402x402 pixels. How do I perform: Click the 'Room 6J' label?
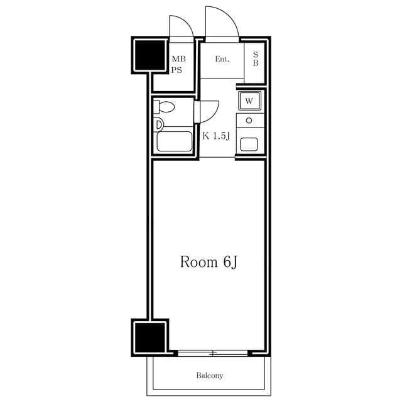coord(209,263)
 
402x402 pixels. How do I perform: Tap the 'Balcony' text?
coord(209,376)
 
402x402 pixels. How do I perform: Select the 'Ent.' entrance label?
coord(222,59)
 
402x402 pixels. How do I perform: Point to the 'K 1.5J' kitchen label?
coord(216,136)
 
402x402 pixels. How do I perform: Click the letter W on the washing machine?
coord(249,101)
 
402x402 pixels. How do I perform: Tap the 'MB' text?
coord(178,59)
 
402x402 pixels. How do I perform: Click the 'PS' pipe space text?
coord(177,70)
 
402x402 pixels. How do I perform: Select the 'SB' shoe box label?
coord(256,58)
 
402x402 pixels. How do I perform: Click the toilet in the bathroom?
coord(164,107)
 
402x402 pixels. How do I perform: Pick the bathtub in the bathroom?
coord(175,141)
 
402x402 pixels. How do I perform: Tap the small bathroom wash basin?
coord(158,125)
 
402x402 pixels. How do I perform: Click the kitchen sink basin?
coord(249,144)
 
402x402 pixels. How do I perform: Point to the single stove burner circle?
coord(249,120)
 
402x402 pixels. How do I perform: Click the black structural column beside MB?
coord(149,55)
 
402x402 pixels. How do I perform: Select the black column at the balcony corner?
coord(149,337)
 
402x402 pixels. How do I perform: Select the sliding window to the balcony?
coord(213,354)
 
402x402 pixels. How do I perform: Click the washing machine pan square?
coord(250,100)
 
